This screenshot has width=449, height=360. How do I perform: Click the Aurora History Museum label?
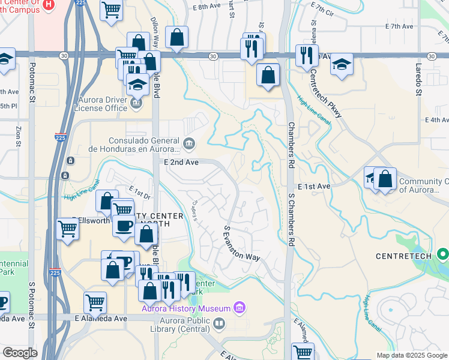186,308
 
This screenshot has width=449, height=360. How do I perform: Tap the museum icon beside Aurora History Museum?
240,308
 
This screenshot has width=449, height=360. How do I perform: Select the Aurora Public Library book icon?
220,324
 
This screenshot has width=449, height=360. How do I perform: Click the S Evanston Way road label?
242,243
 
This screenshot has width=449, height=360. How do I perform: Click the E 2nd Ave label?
181,162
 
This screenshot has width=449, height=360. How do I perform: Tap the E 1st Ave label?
313,187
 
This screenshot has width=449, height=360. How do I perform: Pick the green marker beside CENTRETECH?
443,255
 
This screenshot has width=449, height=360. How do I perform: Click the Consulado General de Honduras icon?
190,143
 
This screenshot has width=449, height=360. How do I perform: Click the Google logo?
20,353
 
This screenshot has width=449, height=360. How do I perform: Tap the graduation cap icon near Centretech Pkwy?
342,65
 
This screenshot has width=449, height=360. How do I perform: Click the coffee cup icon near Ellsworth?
124,226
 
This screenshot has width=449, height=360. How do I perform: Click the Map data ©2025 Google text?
412,355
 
